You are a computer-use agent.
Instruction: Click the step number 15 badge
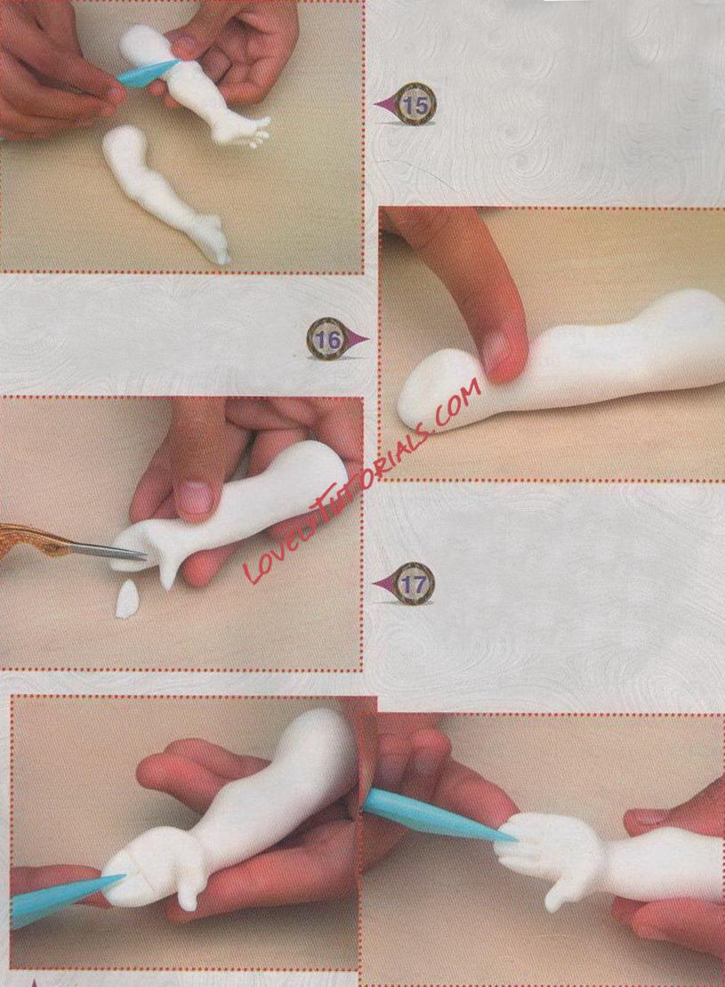click(415, 103)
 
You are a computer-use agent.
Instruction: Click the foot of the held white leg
click(241, 130)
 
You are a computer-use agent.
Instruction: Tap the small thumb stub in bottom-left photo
click(188, 894)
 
